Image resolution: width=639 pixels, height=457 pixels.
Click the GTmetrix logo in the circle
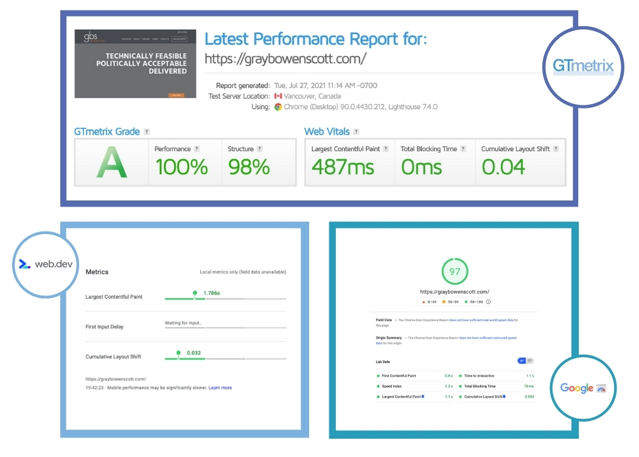click(x=583, y=66)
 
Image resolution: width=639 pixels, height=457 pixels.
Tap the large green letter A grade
click(x=111, y=163)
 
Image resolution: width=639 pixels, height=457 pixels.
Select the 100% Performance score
click(x=181, y=167)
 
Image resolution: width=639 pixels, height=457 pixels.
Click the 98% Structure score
click(x=249, y=167)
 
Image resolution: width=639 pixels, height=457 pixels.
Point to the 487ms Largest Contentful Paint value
click(x=343, y=167)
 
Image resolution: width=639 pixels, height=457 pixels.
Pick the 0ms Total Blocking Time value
click(x=422, y=167)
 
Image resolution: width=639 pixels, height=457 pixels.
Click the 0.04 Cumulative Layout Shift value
click(x=503, y=167)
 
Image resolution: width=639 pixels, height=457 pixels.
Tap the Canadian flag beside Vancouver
click(x=278, y=96)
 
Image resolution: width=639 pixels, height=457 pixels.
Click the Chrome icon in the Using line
click(x=278, y=107)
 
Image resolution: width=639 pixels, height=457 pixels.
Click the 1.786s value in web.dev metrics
click(x=211, y=293)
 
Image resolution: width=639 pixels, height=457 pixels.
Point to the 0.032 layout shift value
click(x=194, y=353)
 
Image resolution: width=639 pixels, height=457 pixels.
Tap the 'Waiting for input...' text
click(x=184, y=323)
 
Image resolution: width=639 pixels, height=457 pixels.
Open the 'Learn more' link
click(x=220, y=388)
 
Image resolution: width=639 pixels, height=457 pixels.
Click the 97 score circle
click(x=455, y=272)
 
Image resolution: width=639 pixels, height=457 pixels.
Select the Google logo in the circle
click(x=583, y=388)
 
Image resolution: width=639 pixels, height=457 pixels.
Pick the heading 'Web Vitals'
click(x=327, y=132)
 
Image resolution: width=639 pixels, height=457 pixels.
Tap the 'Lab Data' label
click(x=383, y=361)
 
